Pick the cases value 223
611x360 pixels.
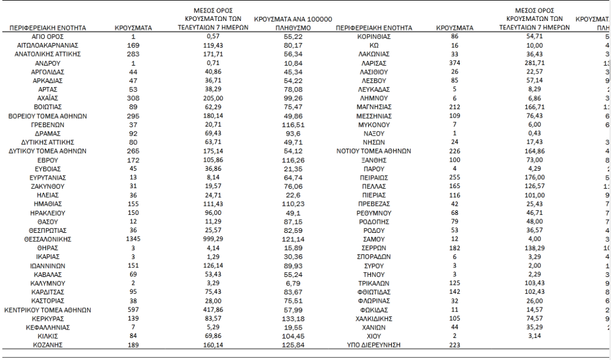(455, 345)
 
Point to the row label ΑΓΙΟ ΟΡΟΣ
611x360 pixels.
(48, 36)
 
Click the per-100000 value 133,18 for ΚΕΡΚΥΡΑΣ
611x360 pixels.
(292, 319)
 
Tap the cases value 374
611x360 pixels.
(455, 63)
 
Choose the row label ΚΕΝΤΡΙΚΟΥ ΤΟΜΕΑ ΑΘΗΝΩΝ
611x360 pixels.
(48, 310)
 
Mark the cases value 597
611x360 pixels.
(134, 310)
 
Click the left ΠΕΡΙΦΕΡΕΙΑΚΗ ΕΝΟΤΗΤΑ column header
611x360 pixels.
(48, 27)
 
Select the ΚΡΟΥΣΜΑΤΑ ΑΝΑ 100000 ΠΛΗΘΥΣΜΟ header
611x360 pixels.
(292, 23)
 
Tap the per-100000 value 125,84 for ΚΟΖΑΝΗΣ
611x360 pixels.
(292, 345)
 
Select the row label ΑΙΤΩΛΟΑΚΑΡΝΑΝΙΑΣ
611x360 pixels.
(48, 45)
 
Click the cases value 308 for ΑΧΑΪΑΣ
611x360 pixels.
(134, 98)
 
